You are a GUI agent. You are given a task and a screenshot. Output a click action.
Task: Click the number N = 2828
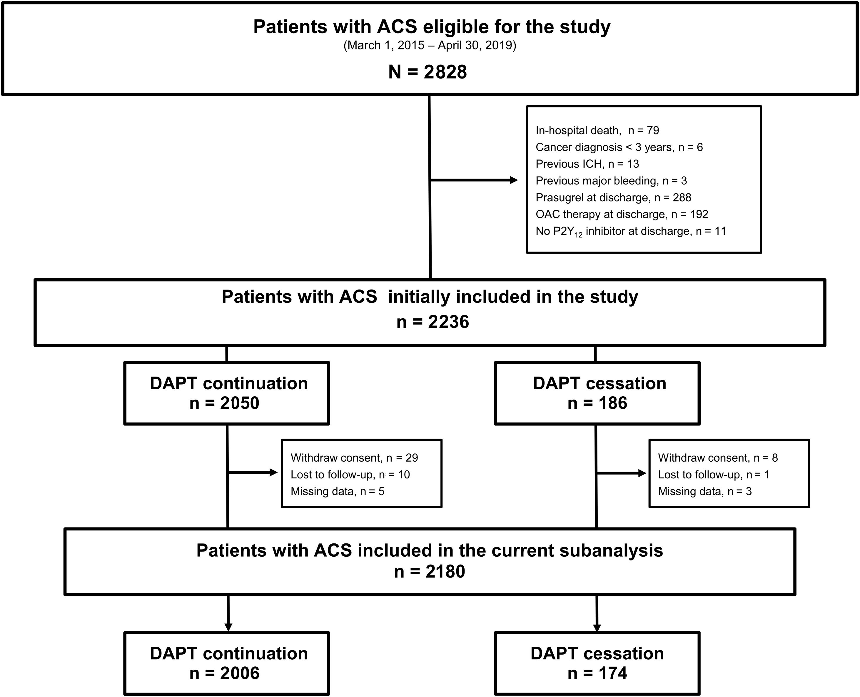click(x=428, y=72)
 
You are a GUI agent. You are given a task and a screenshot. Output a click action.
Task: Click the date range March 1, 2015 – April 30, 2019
click(x=430, y=45)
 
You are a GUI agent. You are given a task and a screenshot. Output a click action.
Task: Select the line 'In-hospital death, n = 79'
click(x=597, y=131)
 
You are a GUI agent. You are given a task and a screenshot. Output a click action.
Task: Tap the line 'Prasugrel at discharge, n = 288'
click(x=613, y=197)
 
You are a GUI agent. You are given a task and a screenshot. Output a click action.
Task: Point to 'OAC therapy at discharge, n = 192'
click(x=622, y=214)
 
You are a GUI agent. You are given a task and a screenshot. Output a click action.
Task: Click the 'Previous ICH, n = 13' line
click(x=587, y=164)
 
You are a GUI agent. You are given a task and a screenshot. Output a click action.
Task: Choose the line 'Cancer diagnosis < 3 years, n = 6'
click(x=619, y=147)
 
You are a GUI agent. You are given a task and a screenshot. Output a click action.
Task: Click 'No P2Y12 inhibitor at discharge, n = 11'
click(x=631, y=232)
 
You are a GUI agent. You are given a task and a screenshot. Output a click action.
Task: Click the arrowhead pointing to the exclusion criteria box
click(x=514, y=180)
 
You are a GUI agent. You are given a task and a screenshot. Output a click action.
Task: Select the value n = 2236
click(x=432, y=322)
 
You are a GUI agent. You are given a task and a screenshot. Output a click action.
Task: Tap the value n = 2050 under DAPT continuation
click(x=224, y=403)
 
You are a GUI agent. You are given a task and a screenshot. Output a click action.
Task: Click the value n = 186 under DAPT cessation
click(x=597, y=403)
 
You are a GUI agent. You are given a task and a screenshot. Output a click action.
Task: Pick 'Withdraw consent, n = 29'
click(x=354, y=458)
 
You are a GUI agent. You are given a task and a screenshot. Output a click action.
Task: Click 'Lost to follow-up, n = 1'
click(x=714, y=475)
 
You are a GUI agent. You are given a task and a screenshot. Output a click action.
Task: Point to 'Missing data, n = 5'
click(x=337, y=491)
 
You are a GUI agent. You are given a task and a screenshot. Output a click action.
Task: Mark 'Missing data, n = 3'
click(x=705, y=491)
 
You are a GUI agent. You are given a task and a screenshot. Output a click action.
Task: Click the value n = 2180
click(x=429, y=571)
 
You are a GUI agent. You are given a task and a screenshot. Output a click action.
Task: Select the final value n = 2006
click(x=224, y=673)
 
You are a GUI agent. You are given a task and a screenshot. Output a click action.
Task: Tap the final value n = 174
click(x=597, y=673)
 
